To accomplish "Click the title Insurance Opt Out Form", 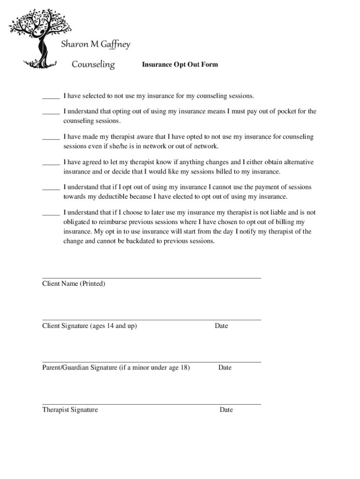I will [x=180, y=65].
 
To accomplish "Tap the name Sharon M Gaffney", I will [x=96, y=45].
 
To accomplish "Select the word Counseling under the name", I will [x=93, y=64].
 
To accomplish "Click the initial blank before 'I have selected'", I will [x=51, y=97].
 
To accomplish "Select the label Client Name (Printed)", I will [x=73, y=284].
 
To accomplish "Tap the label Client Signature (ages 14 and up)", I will [x=89, y=326].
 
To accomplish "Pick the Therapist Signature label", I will [x=70, y=410].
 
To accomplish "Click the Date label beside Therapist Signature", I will [x=226, y=410].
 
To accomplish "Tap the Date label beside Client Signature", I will [x=221, y=326].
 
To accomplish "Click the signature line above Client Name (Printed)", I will [x=151, y=278].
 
